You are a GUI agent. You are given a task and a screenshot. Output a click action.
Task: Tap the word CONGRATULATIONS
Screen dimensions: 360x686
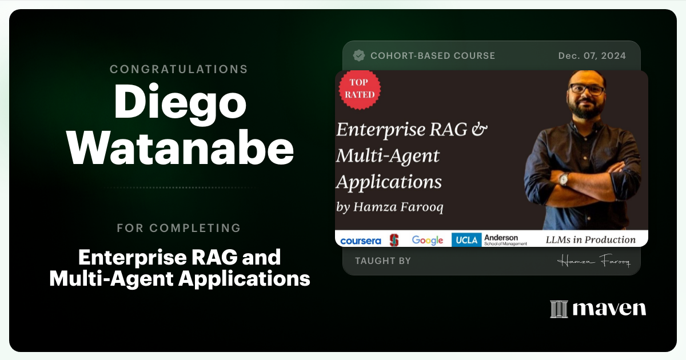179,69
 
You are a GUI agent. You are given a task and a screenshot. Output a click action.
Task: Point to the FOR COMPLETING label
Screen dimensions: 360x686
179,228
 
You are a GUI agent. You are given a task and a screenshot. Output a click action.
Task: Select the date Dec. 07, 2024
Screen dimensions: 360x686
592,55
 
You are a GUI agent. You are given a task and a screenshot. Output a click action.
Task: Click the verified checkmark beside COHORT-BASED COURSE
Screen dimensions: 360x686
359,55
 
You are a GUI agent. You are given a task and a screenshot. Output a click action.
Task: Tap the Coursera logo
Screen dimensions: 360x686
360,241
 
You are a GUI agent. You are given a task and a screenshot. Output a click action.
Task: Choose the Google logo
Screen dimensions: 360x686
428,241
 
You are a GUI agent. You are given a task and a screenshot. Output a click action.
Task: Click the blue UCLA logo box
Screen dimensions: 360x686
465,240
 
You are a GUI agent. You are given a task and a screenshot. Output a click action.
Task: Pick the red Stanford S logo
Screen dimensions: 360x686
394,240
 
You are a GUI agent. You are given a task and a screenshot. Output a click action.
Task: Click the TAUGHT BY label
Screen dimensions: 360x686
382,261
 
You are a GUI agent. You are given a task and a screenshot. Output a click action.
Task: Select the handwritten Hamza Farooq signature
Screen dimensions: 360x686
593,261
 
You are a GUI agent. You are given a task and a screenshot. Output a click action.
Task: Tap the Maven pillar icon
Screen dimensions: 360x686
559,309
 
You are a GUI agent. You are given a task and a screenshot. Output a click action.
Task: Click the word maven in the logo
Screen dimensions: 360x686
609,309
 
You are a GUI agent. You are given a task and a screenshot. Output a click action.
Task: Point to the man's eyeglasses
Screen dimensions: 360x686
586,90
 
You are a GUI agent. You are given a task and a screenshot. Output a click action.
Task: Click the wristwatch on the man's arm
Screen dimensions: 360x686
564,179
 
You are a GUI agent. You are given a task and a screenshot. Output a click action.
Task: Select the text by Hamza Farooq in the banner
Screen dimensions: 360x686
390,207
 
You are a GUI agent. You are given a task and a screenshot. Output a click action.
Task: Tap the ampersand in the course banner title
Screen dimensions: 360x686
480,129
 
